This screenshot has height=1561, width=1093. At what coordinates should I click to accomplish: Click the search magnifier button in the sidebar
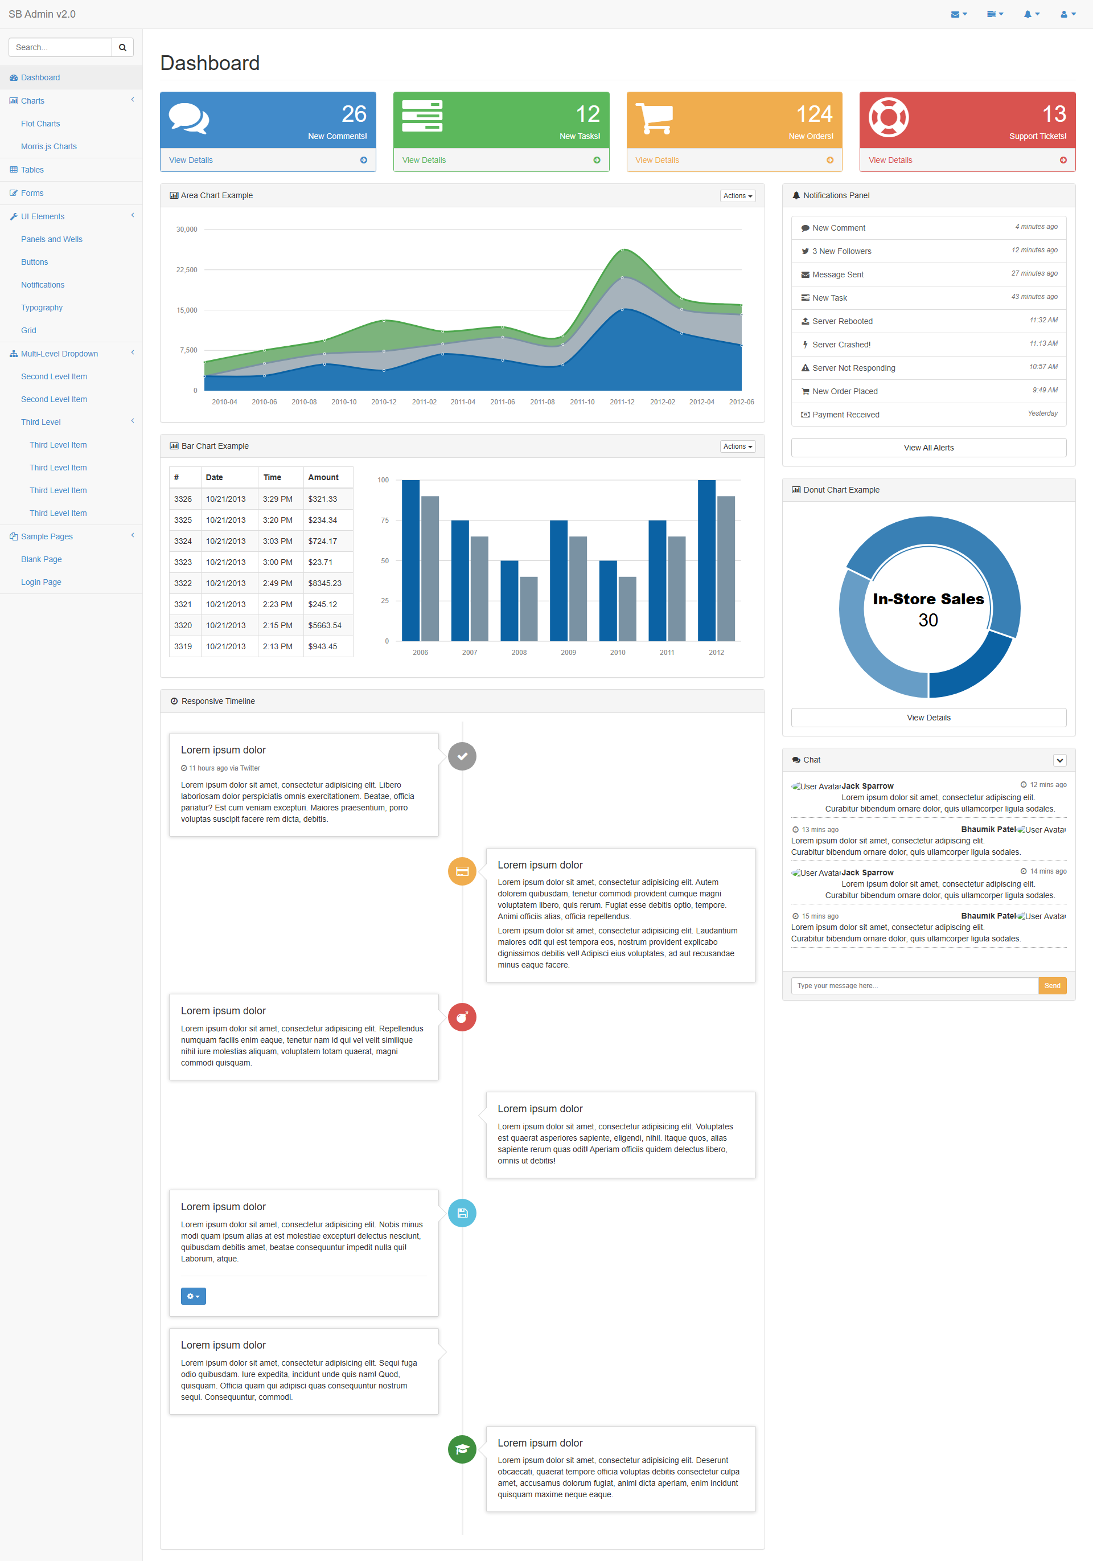coord(122,48)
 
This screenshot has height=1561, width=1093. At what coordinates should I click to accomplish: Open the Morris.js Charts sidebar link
coord(49,146)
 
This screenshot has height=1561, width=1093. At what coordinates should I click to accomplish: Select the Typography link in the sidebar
coord(42,308)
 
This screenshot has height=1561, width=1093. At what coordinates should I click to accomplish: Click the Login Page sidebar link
coord(41,582)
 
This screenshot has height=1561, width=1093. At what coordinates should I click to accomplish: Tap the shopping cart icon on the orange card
coord(654,118)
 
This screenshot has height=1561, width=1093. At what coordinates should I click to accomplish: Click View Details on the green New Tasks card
coord(424,161)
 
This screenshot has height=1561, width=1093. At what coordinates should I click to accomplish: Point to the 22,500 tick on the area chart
coord(187,270)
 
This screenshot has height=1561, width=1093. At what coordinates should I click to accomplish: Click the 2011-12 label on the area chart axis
coord(622,402)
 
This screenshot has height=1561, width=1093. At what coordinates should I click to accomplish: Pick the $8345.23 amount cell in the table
coord(325,583)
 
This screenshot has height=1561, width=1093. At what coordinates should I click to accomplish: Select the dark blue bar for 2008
coord(509,601)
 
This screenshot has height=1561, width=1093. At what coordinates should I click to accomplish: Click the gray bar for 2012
coord(726,568)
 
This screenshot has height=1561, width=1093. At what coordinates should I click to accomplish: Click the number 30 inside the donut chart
coord(928,620)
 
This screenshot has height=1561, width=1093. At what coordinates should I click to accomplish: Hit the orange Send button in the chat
coord(1052,986)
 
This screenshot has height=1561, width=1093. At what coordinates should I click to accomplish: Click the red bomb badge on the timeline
coord(462,1017)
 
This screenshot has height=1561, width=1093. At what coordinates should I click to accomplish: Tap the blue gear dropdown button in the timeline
coord(193,1296)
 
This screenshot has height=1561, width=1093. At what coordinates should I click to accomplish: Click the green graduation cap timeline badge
coord(462,1449)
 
